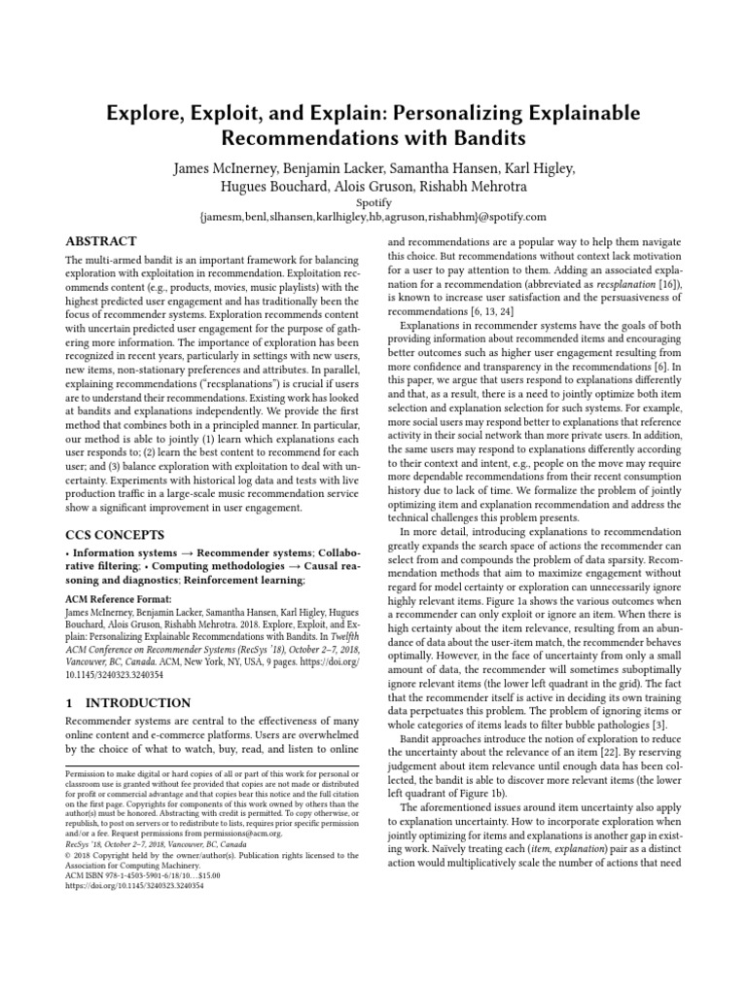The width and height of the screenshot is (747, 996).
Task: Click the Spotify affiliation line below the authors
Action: [373, 202]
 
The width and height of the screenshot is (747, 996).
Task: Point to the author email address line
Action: [373, 218]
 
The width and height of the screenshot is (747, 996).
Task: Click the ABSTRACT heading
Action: [100, 241]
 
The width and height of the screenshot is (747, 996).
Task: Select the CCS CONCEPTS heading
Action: [115, 534]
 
